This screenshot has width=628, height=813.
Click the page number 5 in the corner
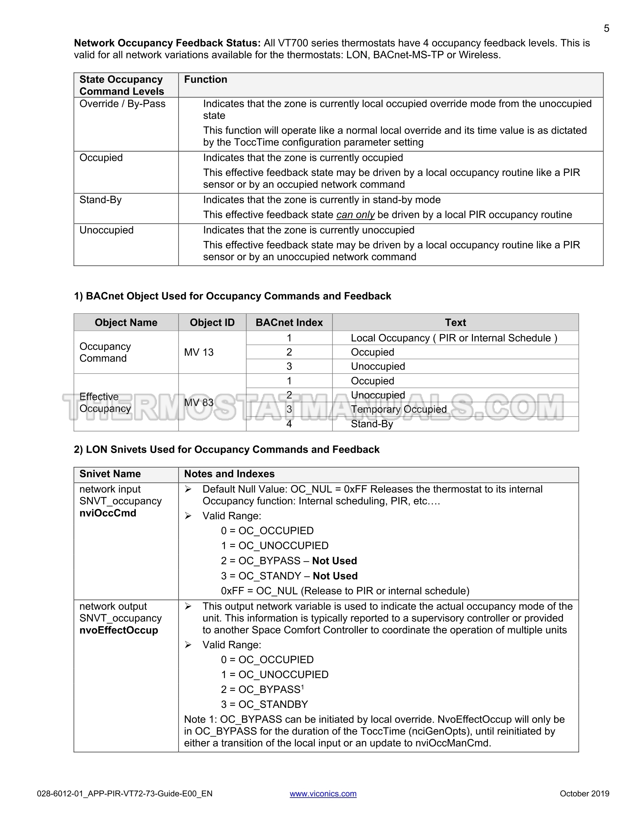coord(606,28)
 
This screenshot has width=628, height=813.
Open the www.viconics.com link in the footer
coord(323,793)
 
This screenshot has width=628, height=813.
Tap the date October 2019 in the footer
coord(584,793)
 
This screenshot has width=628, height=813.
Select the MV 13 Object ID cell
coord(199,352)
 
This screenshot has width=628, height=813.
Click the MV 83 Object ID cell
coord(199,403)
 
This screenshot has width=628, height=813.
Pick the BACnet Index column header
coord(289,323)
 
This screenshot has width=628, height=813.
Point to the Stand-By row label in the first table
coord(100,200)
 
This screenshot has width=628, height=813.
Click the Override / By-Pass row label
coord(122,104)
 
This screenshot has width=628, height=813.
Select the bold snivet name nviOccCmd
coord(108,513)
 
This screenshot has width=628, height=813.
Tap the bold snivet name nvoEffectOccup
coord(119,630)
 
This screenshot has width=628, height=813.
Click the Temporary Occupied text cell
coord(399,409)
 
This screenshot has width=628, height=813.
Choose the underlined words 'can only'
coord(355,215)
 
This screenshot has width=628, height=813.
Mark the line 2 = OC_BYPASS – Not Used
coord(289,561)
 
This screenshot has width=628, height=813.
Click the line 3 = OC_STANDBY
coord(264,704)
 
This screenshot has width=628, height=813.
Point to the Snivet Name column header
coord(110,474)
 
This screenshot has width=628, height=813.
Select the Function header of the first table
coord(205,80)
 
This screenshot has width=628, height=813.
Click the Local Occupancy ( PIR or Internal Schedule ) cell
coord(454,338)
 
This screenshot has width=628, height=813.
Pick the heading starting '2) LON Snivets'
coord(227,450)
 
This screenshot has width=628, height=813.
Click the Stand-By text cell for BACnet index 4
coord(372,424)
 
